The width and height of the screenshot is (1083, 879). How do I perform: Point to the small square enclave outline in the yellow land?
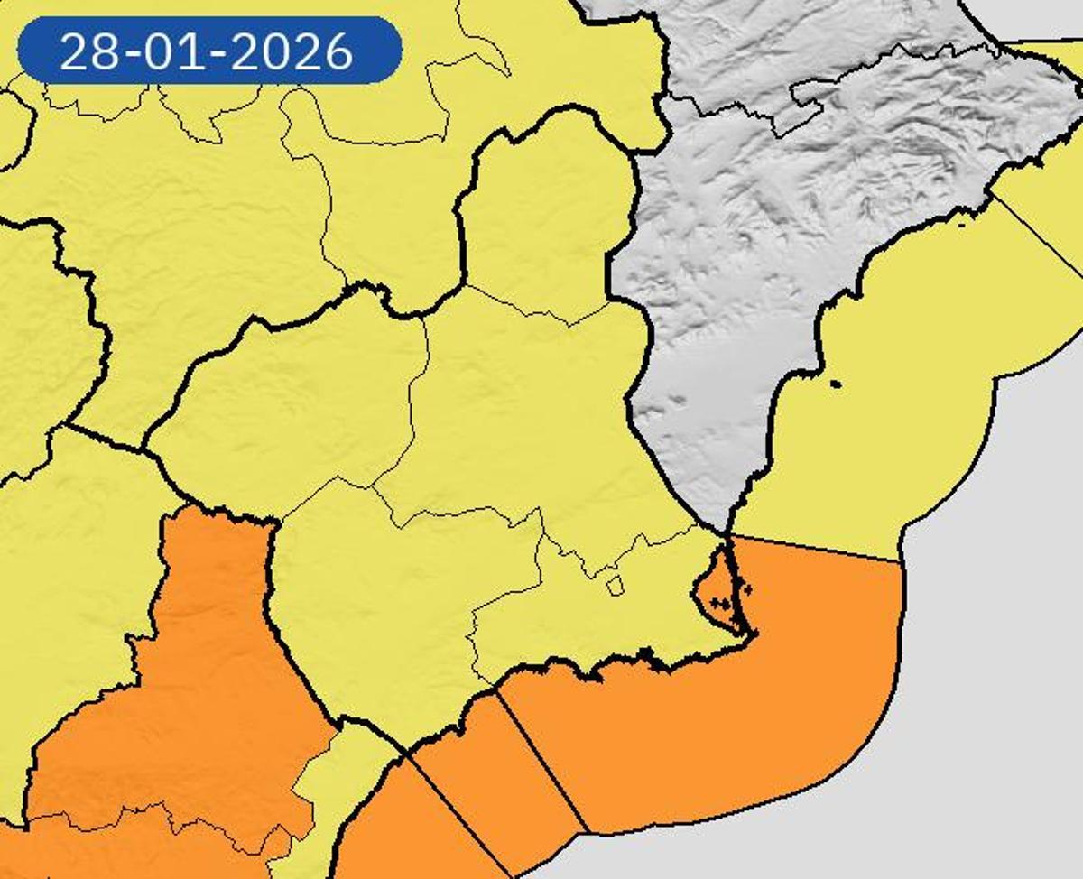[x=615, y=587]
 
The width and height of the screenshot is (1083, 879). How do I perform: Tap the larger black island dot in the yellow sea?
[x=835, y=385]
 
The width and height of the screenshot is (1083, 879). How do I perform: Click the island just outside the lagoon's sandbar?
[x=746, y=590]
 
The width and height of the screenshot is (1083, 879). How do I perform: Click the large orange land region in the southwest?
[x=180, y=704]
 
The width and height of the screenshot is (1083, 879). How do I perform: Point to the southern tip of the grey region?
[x=727, y=531]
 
